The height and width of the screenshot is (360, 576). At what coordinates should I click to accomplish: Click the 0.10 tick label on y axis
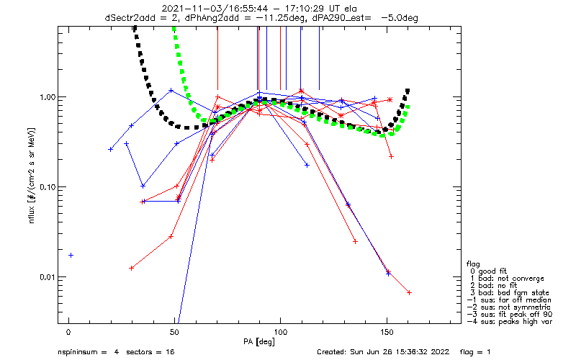[x=47, y=187]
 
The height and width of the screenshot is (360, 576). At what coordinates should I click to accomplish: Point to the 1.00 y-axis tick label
[x=47, y=97]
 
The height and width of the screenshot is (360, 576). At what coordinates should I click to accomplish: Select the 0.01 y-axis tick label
[x=47, y=277]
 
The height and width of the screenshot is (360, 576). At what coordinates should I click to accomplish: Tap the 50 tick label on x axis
[x=174, y=333]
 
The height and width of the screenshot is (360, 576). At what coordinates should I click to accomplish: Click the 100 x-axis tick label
[x=280, y=333]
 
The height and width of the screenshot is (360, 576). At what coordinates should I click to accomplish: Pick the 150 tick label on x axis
[x=387, y=333]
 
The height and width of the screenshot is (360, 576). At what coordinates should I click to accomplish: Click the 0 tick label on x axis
[x=68, y=333]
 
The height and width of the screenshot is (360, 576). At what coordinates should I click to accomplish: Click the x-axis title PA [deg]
[x=259, y=342]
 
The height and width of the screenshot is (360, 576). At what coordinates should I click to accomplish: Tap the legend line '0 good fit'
[x=488, y=271]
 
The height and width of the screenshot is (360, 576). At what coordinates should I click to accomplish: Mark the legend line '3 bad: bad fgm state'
[x=510, y=293]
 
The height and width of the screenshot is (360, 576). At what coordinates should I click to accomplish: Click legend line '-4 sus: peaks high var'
[x=510, y=321]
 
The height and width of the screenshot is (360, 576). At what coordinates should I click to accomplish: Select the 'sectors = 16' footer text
[x=150, y=352]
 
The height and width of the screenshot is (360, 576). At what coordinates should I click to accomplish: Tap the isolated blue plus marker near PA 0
[x=71, y=256]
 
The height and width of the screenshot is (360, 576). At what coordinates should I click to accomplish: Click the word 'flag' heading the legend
[x=473, y=264]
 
